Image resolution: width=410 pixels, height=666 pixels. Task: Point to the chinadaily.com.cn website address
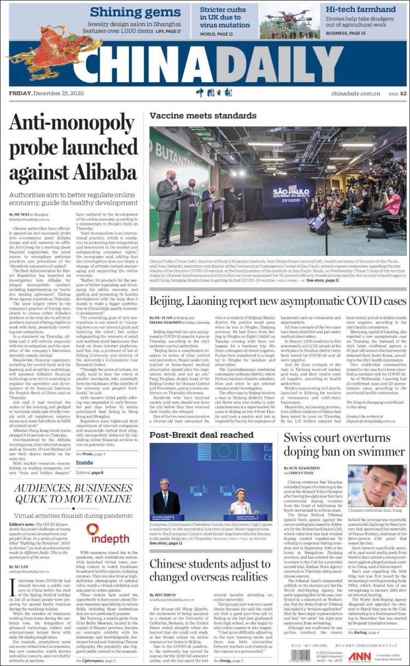click(x=355, y=94)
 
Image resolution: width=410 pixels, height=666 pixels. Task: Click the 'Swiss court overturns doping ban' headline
click(x=336, y=444)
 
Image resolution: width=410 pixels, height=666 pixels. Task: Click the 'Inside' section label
click(x=84, y=462)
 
